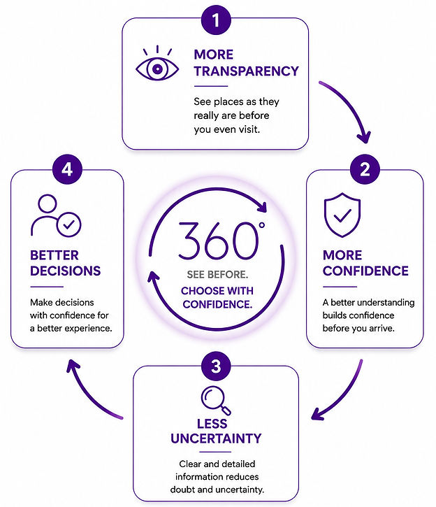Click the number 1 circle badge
[216, 20]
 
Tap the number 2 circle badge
[365, 169]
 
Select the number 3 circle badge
[216, 366]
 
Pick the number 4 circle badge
[67, 169]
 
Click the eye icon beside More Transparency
[157, 64]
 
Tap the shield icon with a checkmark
[342, 215]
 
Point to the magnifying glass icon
[216, 401]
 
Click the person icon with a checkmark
[56, 215]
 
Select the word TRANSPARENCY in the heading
[247, 71]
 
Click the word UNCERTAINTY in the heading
[216, 438]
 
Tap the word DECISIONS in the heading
[65, 271]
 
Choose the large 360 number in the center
[218, 241]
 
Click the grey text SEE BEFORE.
[217, 275]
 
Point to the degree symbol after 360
[262, 225]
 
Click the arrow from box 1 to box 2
[352, 104]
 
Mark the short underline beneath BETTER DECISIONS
[47, 287]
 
